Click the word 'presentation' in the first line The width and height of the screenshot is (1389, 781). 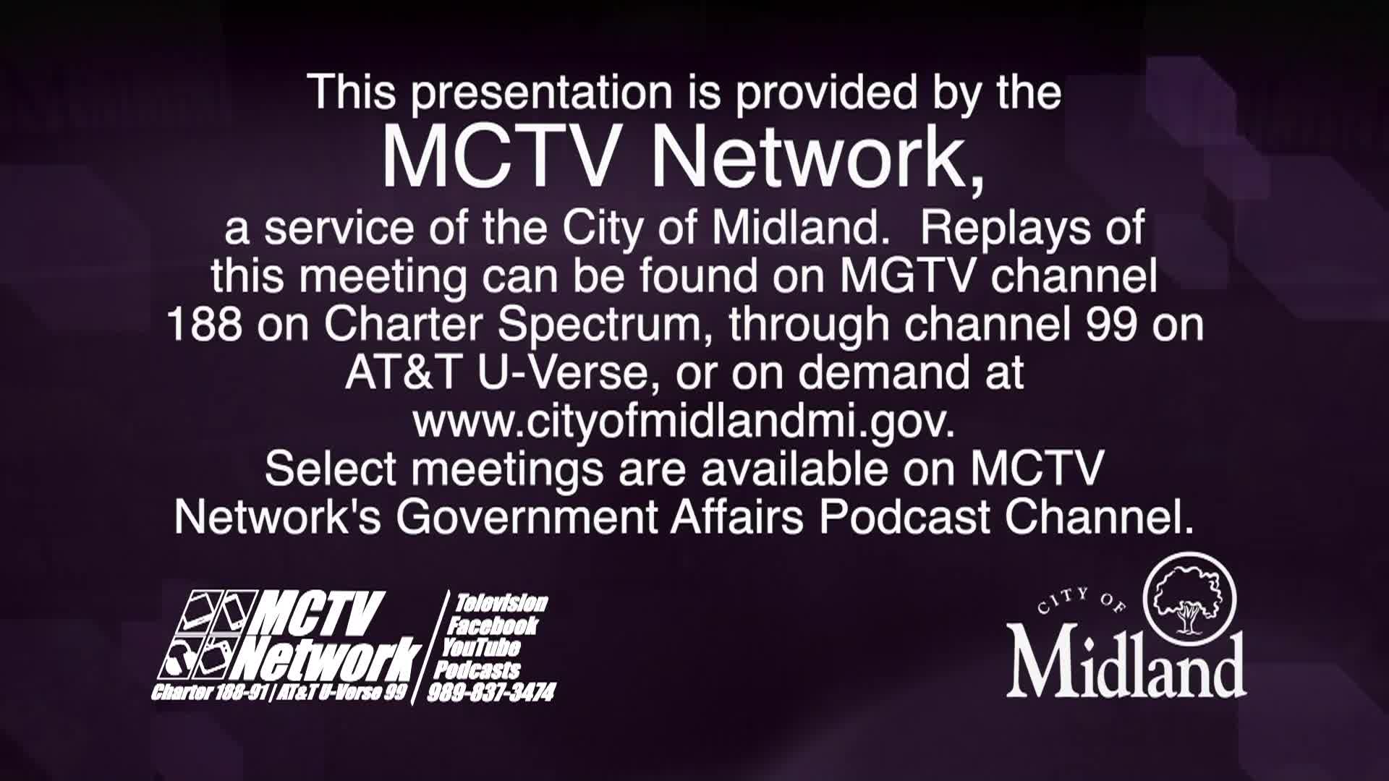539,95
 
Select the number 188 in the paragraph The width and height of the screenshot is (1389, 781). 205,325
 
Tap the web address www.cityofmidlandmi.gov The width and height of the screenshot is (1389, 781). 684,423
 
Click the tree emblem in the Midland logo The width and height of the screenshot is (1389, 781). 1189,598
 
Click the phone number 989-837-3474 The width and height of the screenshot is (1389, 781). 491,693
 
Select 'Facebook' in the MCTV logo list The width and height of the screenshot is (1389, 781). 493,626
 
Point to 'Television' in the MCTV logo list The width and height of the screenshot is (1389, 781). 501,603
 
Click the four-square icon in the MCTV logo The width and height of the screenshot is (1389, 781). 205,637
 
